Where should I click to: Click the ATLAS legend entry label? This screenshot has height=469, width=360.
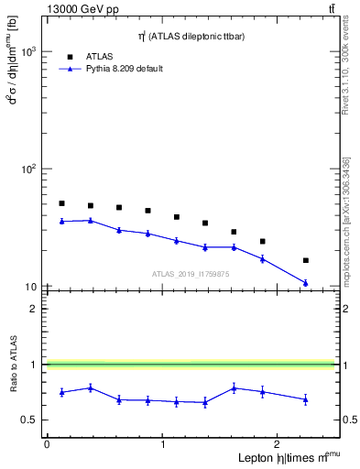[99, 57]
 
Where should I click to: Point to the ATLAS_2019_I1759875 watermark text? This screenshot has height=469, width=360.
[191, 273]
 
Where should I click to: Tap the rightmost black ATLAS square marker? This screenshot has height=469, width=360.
[306, 260]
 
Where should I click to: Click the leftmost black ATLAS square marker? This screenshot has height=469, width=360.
[61, 203]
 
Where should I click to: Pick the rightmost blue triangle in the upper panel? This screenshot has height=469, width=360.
[306, 283]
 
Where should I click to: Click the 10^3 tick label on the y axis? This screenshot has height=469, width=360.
[27, 52]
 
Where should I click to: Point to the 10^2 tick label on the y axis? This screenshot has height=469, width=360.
[27, 169]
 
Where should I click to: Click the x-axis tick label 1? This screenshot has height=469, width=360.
[163, 444]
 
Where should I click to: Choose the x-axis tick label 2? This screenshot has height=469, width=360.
[279, 444]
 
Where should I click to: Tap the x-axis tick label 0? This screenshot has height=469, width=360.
[47, 444]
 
